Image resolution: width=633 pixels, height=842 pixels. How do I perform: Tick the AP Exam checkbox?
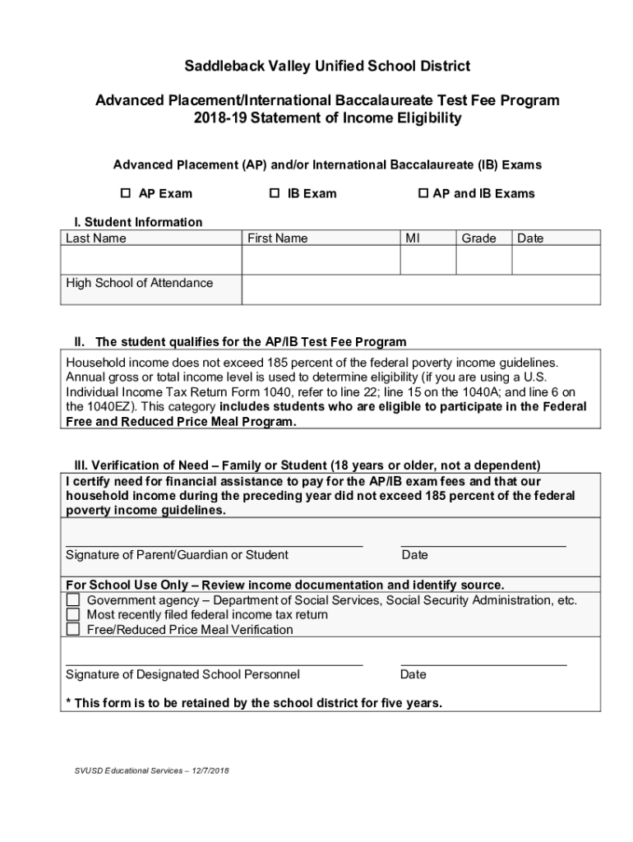click(126, 193)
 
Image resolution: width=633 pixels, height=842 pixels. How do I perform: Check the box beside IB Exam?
click(275, 193)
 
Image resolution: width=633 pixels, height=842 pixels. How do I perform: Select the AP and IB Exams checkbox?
click(423, 193)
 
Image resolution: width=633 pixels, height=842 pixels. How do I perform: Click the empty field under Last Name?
click(150, 261)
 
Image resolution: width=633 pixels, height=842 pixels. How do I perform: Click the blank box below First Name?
click(321, 261)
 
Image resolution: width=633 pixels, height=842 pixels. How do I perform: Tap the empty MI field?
click(427, 261)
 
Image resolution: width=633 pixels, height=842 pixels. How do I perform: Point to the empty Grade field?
click(483, 261)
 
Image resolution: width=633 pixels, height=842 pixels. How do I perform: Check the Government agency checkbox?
click(73, 600)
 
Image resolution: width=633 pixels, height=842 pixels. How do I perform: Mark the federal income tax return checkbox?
click(73, 615)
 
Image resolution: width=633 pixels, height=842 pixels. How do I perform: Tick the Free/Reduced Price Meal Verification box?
click(73, 630)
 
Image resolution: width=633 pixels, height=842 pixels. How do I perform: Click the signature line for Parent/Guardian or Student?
click(214, 544)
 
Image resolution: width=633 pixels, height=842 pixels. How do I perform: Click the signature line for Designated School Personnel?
click(214, 663)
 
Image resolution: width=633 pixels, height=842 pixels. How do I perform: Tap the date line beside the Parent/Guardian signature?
click(483, 544)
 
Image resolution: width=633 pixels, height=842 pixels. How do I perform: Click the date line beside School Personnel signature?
click(483, 663)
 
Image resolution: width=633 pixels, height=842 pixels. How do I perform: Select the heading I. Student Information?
click(133, 222)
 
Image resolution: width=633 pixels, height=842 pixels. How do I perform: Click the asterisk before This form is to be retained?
click(68, 702)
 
